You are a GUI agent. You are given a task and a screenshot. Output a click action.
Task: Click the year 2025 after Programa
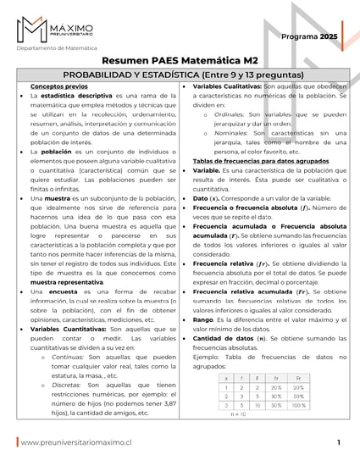pos(329,37)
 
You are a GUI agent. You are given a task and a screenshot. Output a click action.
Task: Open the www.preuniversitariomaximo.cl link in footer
pos(76,442)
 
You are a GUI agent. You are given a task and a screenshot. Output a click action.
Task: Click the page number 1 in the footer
pos(338,442)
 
